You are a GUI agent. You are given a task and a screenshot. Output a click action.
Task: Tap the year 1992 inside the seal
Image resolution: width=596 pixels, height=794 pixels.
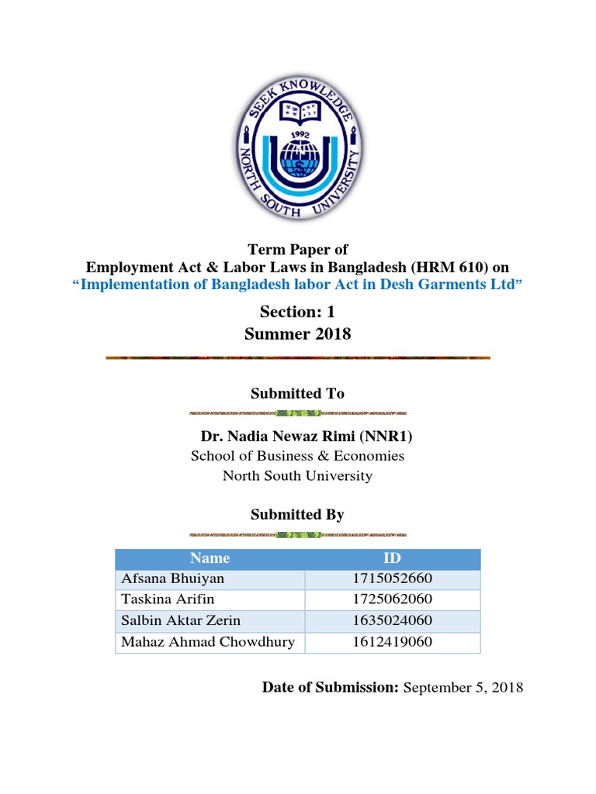299,133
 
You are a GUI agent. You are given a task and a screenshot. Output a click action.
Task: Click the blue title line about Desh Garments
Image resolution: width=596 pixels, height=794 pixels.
298,285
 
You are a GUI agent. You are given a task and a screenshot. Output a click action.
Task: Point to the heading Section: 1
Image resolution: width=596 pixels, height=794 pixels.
297,311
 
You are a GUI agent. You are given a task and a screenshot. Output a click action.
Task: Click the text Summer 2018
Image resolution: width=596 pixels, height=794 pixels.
297,334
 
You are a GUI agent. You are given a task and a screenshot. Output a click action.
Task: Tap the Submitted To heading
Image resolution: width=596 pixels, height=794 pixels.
297,394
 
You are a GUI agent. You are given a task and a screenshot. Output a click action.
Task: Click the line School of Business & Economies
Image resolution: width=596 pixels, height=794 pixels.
297,456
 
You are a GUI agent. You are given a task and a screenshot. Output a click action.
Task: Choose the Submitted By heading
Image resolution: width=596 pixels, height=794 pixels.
297,514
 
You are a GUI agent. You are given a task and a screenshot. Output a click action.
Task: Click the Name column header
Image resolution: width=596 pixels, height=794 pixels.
210,558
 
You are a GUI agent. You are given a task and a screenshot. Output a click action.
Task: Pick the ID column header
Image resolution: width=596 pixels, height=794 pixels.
393,558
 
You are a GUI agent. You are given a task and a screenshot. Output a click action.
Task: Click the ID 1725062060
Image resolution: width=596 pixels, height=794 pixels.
393,599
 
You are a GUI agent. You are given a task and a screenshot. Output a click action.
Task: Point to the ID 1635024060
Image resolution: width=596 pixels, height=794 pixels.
393,620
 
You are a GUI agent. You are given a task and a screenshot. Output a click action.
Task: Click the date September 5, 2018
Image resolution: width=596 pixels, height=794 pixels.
463,687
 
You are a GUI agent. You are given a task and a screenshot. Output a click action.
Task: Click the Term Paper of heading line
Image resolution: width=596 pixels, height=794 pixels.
297,250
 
